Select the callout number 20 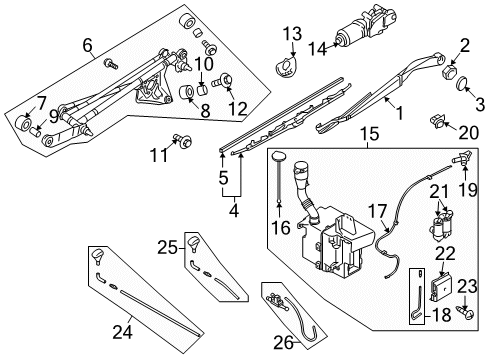point(467,132)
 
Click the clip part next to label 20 point(438,124)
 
